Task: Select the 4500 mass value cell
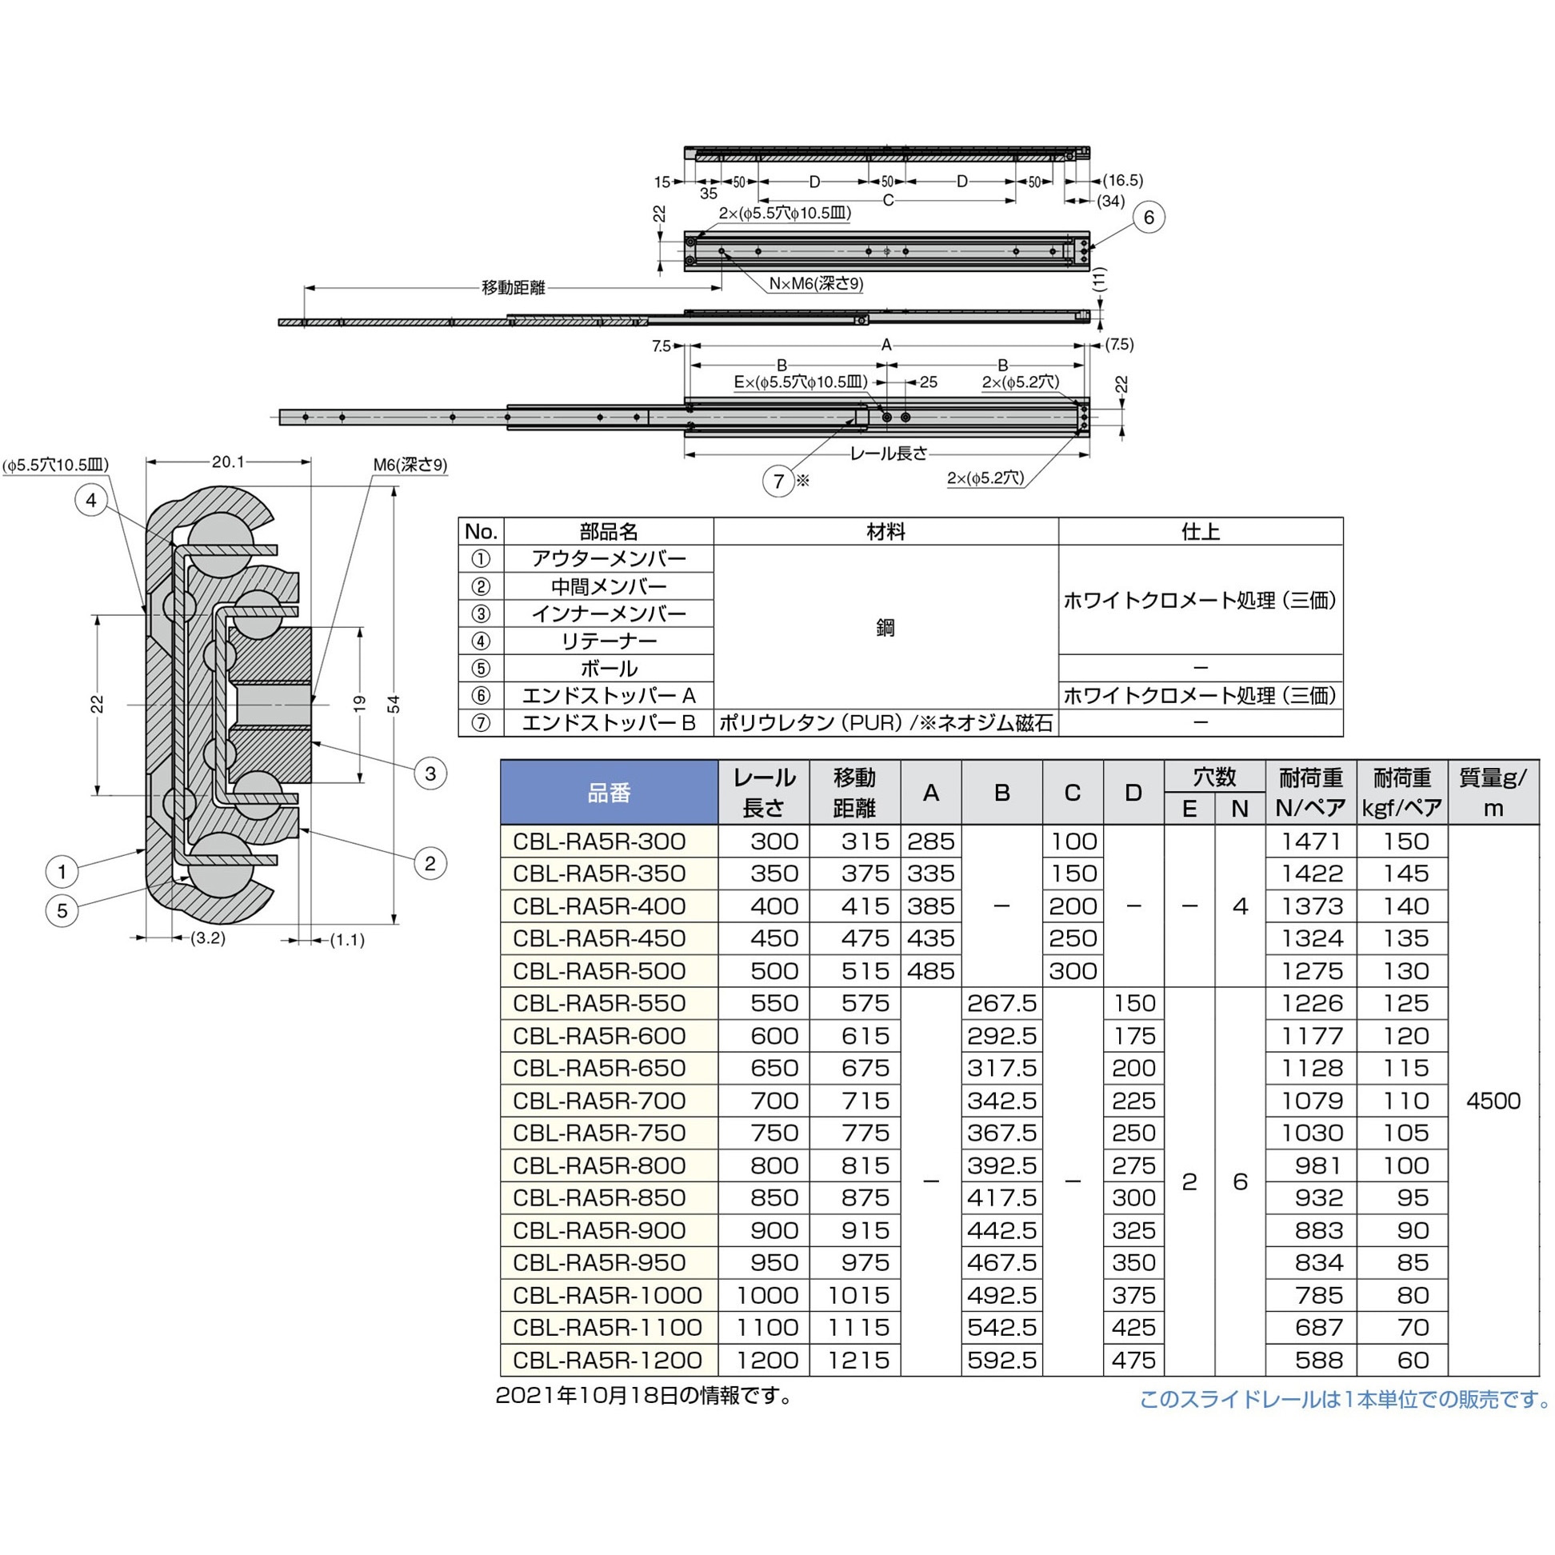1493,1100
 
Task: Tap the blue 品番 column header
609,793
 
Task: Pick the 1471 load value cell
1312,841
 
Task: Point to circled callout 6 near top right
1149,218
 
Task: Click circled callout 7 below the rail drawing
778,482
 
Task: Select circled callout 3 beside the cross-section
430,774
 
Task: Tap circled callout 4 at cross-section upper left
91,501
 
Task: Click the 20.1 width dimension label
228,462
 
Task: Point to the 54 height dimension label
394,704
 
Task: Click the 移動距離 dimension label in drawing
513,288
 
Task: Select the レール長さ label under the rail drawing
889,454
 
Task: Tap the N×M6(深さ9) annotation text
815,283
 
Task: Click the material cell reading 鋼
885,627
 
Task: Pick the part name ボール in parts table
609,668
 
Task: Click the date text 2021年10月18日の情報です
644,1396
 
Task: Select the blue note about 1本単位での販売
1344,1400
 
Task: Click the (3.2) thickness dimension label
207,937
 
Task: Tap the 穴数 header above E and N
1213,777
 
